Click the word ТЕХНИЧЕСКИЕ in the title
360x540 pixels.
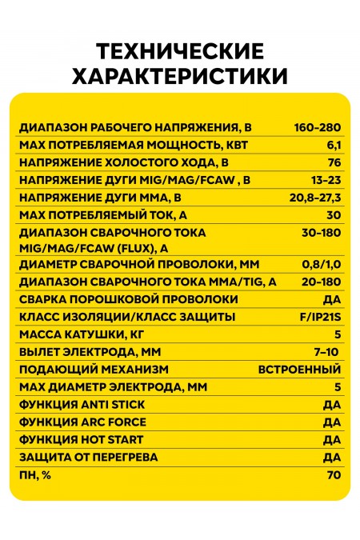pyautogui.click(x=179, y=52)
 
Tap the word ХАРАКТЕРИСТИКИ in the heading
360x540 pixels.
pyautogui.click(x=179, y=76)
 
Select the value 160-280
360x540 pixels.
pyautogui.click(x=318, y=128)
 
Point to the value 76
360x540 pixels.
pyautogui.click(x=334, y=162)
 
